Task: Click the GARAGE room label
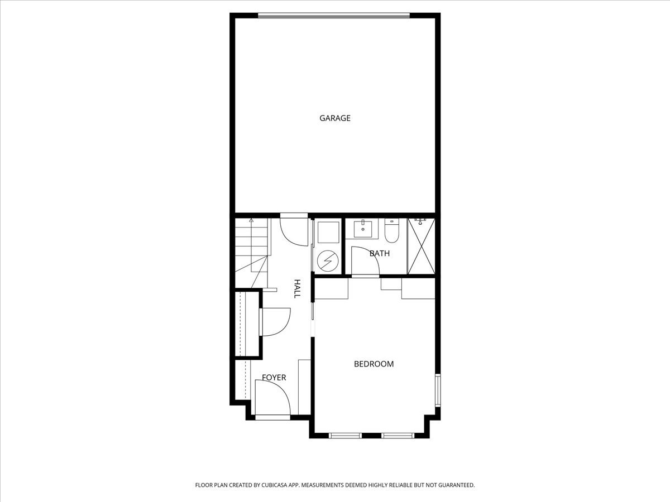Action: click(335, 118)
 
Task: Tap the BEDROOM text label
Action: click(374, 364)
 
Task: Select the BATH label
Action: click(380, 254)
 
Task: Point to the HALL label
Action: click(298, 288)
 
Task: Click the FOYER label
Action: click(274, 378)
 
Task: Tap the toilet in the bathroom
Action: click(391, 231)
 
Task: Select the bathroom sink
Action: click(362, 228)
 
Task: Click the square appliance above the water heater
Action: click(328, 233)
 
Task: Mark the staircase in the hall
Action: click(251, 245)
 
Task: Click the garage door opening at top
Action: click(334, 16)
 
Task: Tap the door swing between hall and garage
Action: click(294, 230)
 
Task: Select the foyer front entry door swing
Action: click(272, 398)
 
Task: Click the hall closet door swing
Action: click(275, 321)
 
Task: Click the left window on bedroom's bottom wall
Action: click(345, 435)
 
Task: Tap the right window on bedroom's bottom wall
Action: click(398, 435)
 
